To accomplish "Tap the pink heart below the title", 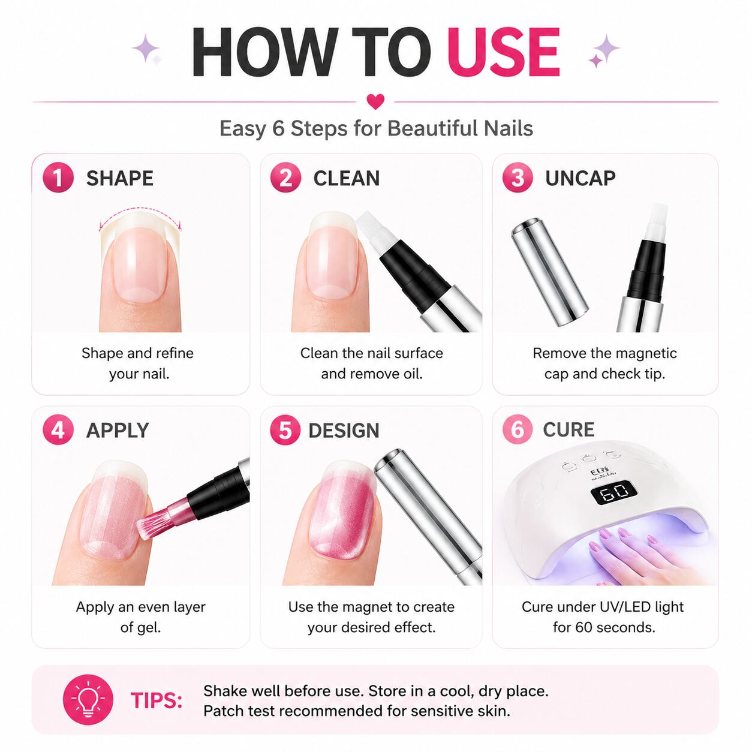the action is pos(375,101).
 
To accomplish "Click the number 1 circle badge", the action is pos(58,178).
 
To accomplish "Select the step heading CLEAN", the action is pos(346,178).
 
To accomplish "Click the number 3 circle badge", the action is pos(518,178).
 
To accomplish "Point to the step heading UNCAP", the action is pos(580,178).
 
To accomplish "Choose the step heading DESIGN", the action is pos(344,431).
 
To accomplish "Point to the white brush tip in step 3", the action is pos(657,221).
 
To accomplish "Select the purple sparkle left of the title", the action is pos(146,49).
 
